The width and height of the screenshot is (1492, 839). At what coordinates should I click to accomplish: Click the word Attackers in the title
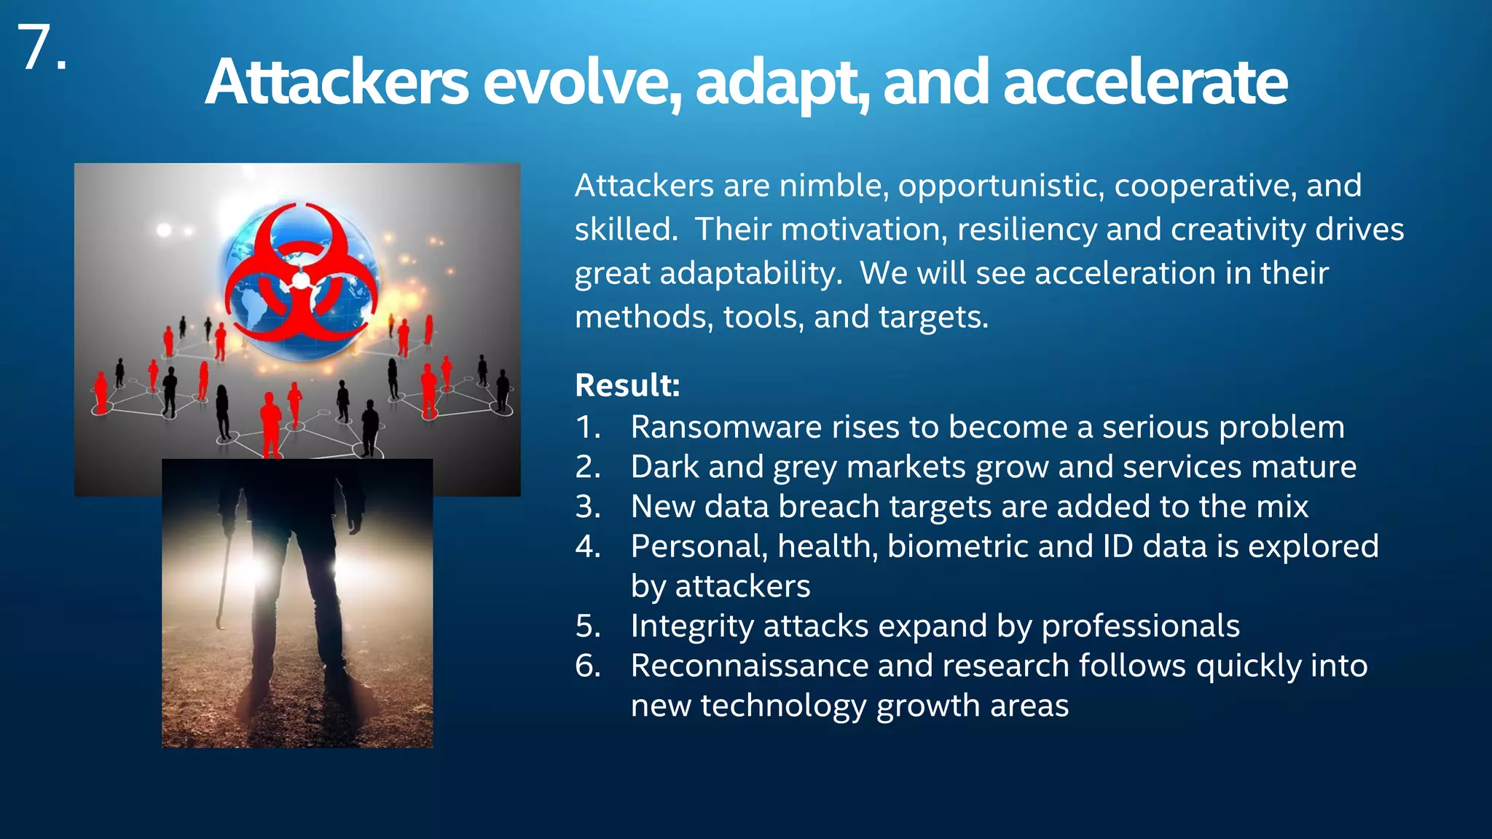[x=336, y=82]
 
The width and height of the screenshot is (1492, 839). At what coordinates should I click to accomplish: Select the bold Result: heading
[x=627, y=385]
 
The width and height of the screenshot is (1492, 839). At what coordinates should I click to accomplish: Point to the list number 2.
[x=587, y=467]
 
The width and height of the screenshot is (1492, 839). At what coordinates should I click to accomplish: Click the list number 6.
[x=587, y=666]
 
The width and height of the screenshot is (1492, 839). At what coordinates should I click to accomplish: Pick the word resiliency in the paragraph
[x=1026, y=229]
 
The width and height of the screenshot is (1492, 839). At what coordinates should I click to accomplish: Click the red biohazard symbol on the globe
[x=301, y=277]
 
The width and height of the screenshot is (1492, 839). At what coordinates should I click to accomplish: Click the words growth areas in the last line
[x=972, y=706]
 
